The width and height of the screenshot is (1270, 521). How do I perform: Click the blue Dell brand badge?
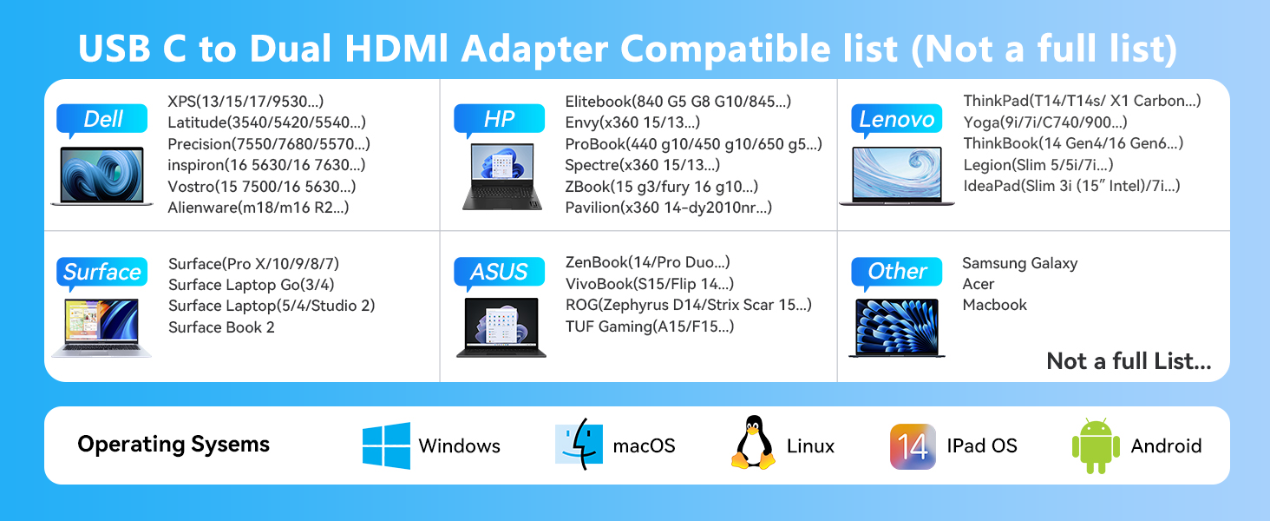point(102,119)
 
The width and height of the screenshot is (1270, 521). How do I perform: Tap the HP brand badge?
point(499,119)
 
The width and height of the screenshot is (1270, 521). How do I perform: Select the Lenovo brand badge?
point(896,119)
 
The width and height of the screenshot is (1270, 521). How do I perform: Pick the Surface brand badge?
point(101,272)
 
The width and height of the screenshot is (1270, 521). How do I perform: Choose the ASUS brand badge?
point(499,272)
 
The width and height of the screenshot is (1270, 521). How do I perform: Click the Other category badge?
point(896,272)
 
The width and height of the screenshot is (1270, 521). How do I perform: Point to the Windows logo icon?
point(386,445)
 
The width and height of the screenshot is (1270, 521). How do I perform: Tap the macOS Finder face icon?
point(579,445)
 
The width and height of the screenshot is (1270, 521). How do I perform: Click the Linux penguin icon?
point(753,444)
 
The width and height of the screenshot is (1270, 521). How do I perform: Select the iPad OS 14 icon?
point(913,446)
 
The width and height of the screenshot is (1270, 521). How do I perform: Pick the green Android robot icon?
point(1096,445)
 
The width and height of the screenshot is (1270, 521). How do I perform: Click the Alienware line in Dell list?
point(259,207)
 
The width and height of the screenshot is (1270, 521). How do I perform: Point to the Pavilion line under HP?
point(668,207)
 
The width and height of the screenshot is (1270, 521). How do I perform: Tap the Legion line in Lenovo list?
point(1038,164)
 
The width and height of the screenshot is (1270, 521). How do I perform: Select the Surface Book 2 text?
point(221,326)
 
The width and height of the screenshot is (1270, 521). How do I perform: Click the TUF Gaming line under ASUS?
point(650,326)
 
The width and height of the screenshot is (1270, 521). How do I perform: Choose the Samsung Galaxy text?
point(1019,263)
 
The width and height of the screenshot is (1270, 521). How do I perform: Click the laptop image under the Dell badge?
point(102,176)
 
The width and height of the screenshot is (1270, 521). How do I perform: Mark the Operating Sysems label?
point(173,445)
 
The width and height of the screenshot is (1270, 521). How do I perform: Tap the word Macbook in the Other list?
point(994,305)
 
